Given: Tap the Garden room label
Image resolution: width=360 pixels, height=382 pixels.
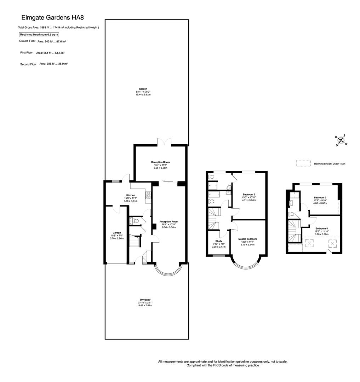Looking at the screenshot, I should [x=143, y=89].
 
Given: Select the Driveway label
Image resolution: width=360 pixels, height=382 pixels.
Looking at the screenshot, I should [x=145, y=300].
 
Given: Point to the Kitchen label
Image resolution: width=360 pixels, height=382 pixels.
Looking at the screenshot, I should [x=131, y=195].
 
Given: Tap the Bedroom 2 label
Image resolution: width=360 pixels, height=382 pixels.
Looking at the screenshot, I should [x=249, y=195].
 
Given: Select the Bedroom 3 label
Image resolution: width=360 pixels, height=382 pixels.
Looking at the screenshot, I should [x=320, y=197].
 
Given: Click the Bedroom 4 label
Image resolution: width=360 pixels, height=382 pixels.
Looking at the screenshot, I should [x=322, y=228].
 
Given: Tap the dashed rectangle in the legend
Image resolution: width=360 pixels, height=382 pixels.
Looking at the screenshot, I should [x=303, y=163].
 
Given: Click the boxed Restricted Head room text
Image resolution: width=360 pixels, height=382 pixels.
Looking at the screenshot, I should [x=39, y=35].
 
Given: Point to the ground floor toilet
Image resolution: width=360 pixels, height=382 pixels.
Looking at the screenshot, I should [x=133, y=221].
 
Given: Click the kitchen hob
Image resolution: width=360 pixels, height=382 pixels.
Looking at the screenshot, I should [x=148, y=195].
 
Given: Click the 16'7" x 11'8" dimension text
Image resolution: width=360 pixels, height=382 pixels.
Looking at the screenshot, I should [x=161, y=165].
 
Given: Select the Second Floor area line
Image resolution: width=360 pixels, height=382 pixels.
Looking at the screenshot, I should [x=44, y=64].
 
